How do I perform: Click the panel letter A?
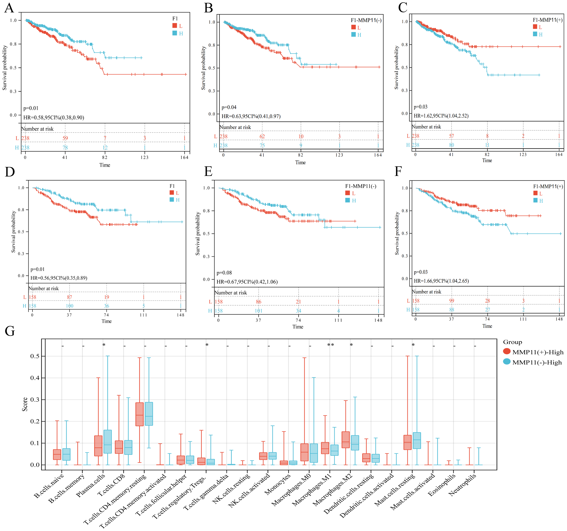[9, 8]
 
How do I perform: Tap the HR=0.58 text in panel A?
[54, 117]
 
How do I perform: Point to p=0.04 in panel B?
[229, 107]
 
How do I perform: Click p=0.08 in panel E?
[224, 273]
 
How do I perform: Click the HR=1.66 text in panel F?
[441, 281]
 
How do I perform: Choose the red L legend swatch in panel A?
[175, 26]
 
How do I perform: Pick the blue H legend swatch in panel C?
[535, 34]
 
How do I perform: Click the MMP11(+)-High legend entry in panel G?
[537, 352]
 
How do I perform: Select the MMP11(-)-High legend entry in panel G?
[537, 363]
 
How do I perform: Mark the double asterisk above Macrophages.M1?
[330, 345]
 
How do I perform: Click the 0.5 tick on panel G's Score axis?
[35, 356]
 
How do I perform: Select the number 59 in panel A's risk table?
[65, 138]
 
